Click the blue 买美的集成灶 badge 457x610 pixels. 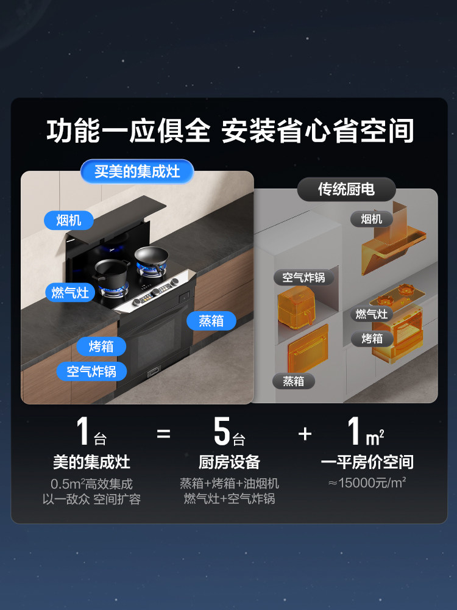tap(137, 171)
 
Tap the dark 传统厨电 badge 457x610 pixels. tap(346, 189)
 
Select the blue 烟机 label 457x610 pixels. tap(69, 220)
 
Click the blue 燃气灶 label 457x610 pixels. tap(70, 292)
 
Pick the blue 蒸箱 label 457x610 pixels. tap(211, 320)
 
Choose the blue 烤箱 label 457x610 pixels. tap(101, 346)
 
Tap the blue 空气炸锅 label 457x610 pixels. tap(91, 371)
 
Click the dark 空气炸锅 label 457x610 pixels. tap(303, 278)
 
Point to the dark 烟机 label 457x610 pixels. tap(372, 219)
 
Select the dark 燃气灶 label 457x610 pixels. tap(372, 314)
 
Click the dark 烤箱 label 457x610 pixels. tap(372, 338)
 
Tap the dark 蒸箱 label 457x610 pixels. tap(294, 381)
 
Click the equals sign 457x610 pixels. tap(164, 434)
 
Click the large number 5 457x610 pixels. tap(222, 431)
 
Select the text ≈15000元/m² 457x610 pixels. tap(367, 483)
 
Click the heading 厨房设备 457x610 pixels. tap(229, 462)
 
